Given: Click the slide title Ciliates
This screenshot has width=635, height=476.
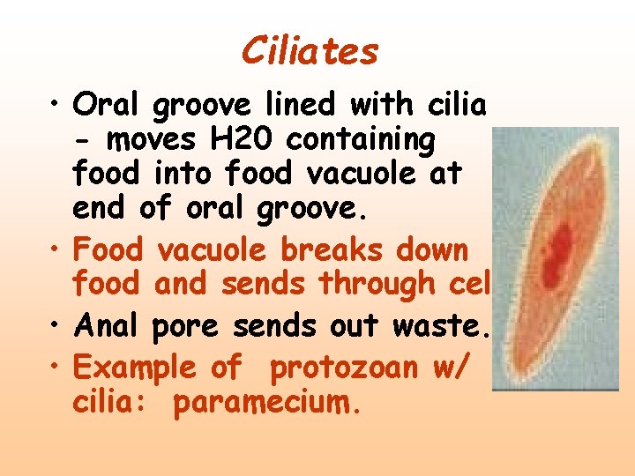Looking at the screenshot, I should [310, 51].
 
